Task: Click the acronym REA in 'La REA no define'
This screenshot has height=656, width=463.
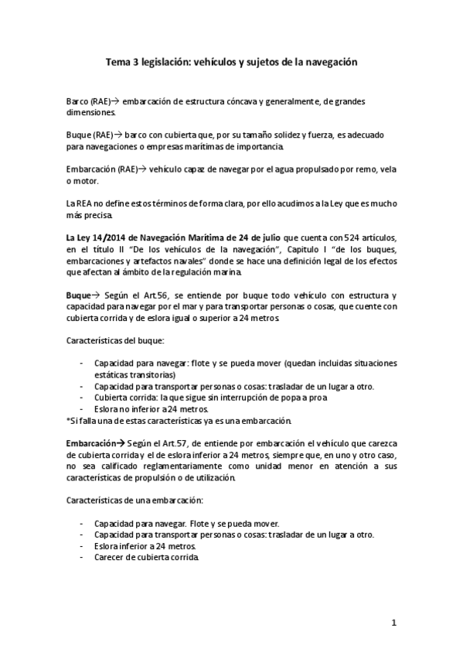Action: pos(85,203)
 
